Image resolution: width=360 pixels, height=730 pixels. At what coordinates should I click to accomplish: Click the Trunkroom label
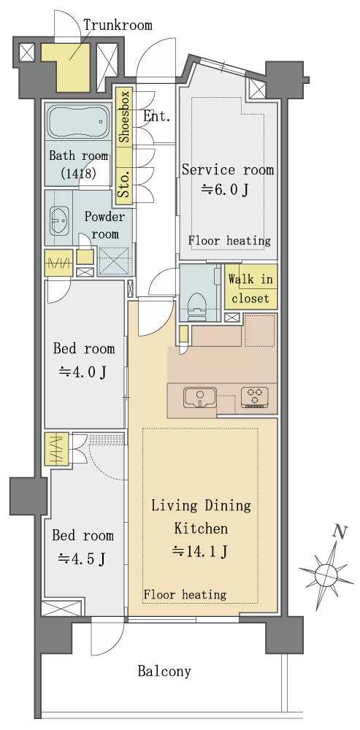pos(118,24)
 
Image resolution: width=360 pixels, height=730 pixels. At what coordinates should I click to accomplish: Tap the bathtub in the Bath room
pos(78,122)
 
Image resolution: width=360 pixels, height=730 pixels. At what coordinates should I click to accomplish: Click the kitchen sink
pos(201,397)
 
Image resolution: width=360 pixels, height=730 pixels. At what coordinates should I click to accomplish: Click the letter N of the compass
pos(341,531)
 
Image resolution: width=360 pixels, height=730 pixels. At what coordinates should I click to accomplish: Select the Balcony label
pos(164,671)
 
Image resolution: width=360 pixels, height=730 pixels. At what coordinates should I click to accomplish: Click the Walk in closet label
pos(250,288)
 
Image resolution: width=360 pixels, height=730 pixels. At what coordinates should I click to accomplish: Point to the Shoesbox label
pos(124,116)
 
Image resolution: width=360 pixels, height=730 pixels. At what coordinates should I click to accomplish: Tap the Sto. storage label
pos(124,184)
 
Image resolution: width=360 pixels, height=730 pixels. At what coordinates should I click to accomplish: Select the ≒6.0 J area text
pos(224,190)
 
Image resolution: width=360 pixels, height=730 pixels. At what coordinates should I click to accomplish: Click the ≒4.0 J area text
pos(83,371)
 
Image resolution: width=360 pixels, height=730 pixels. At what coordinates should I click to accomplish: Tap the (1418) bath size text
pos(78,174)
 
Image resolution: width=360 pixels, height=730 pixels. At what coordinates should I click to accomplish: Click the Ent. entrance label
pos(156,116)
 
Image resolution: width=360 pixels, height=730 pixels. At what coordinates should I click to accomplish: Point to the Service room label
pos(228,170)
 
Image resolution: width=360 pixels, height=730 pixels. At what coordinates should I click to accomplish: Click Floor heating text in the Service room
pos(229,241)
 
